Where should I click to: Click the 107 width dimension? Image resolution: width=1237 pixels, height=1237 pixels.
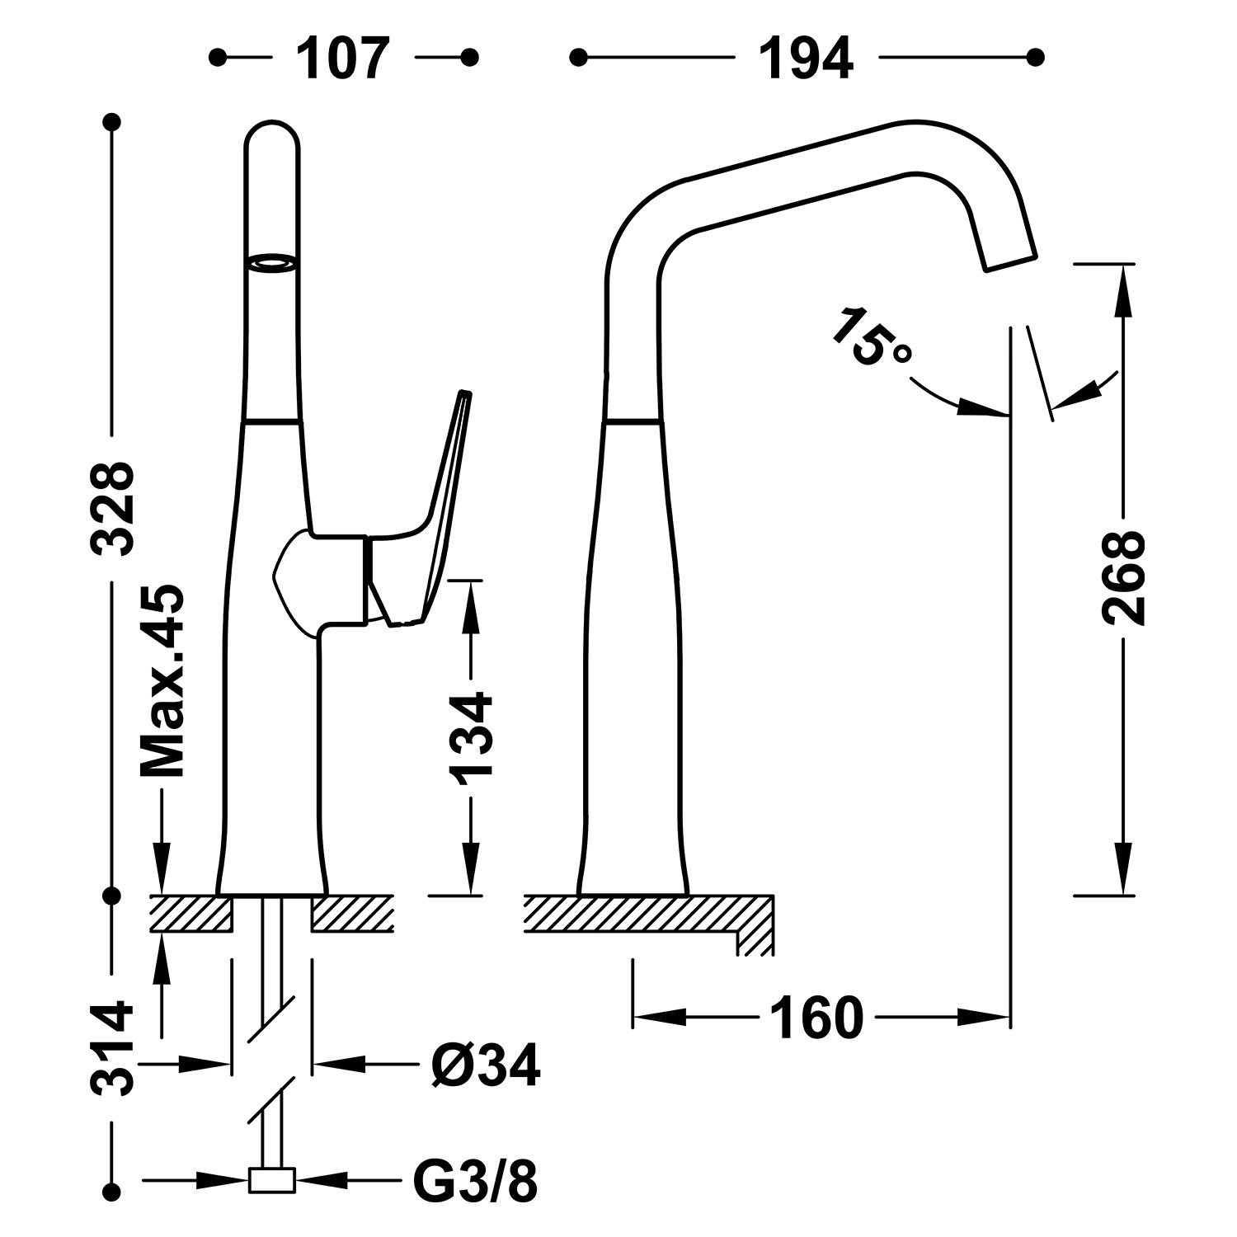click(x=342, y=59)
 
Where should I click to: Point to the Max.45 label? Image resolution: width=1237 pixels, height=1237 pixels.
click(x=162, y=682)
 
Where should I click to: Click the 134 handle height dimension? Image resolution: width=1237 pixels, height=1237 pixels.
click(x=471, y=737)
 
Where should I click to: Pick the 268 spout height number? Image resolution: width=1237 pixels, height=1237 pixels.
click(x=1122, y=576)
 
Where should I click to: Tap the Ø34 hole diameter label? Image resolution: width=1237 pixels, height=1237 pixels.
click(x=486, y=1065)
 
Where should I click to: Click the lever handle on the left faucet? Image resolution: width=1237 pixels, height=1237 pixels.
click(x=437, y=511)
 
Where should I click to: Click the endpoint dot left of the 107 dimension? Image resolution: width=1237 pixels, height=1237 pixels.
click(x=218, y=57)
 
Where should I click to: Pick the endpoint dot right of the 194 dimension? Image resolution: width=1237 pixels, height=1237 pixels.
click(x=1036, y=57)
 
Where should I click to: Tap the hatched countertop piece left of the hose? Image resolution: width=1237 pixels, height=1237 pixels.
click(x=190, y=913)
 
